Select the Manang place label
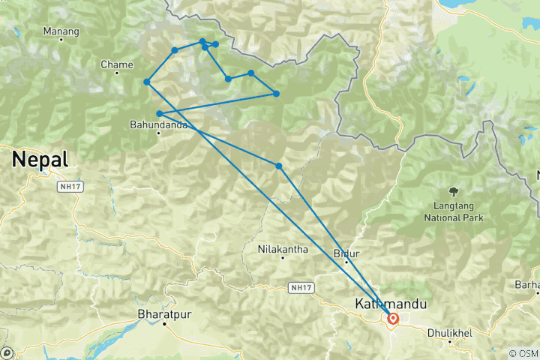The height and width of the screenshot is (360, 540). [x=61, y=32]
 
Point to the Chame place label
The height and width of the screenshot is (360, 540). [x=116, y=64]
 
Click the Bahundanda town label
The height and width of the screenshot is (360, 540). [x=157, y=124]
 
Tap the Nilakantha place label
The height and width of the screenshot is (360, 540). [x=282, y=248]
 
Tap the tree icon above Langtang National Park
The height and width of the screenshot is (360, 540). [x=452, y=192]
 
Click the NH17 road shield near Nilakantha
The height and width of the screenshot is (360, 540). [x=298, y=286]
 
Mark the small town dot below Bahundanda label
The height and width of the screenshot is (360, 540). [x=157, y=134]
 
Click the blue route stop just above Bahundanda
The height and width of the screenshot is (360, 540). [x=160, y=114]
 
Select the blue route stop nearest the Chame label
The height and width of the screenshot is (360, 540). [x=147, y=82]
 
